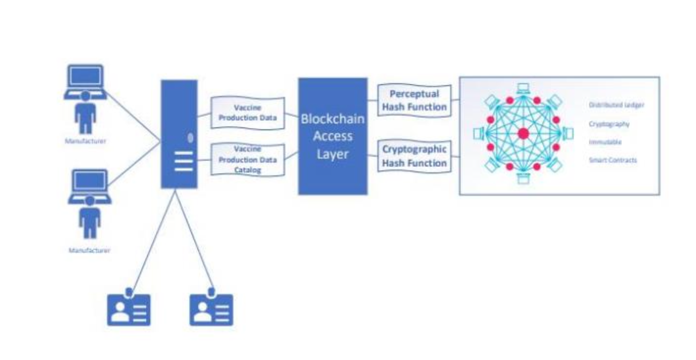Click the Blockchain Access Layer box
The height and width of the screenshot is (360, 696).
point(333,136)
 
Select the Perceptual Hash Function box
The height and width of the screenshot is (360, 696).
point(414,100)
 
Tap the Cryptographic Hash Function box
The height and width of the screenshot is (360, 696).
point(414,156)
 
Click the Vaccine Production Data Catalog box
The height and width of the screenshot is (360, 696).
point(247,159)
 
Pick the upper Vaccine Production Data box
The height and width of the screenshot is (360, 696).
point(247,113)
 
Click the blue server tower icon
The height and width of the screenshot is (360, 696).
point(179,134)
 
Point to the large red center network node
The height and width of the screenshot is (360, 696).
point(523,134)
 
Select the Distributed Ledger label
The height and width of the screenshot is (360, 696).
point(616,105)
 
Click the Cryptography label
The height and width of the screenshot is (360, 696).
point(609,124)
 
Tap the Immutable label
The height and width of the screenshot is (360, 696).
point(605,142)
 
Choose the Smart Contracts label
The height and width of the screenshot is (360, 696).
point(613,160)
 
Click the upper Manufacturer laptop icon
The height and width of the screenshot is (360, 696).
point(85,81)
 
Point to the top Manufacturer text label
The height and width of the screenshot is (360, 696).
point(85,141)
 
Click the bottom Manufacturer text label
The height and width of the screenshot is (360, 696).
point(89,250)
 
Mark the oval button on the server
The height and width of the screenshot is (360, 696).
point(190,138)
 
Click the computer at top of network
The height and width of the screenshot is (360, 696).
point(523,89)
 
